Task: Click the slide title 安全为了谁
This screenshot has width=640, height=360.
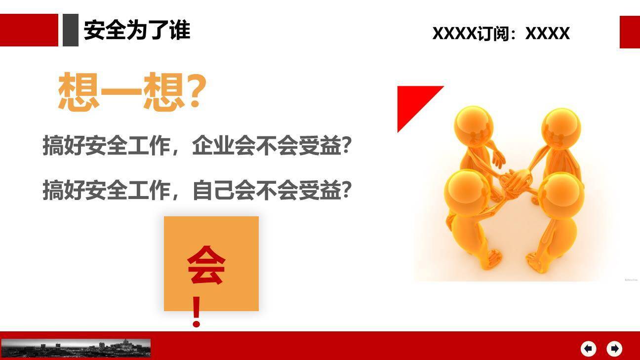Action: click(x=137, y=30)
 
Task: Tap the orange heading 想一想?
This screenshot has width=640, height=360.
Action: click(x=132, y=92)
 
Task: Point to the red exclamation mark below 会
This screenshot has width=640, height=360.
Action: click(x=197, y=312)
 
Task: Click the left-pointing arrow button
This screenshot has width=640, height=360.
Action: click(x=588, y=349)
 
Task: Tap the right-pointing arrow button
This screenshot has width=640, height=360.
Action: click(x=614, y=349)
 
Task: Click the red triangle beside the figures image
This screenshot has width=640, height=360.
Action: click(x=412, y=102)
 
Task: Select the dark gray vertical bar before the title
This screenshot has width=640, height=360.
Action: click(x=71, y=30)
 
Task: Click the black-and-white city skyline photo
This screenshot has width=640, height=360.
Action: click(x=76, y=348)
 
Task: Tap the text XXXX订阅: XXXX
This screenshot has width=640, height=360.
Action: click(x=501, y=34)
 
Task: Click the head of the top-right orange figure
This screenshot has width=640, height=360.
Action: click(x=560, y=127)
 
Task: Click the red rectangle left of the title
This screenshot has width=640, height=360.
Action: click(x=29, y=30)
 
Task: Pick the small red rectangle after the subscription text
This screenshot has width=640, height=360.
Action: click(x=630, y=32)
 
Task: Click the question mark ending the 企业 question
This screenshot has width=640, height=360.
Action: click(x=347, y=146)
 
